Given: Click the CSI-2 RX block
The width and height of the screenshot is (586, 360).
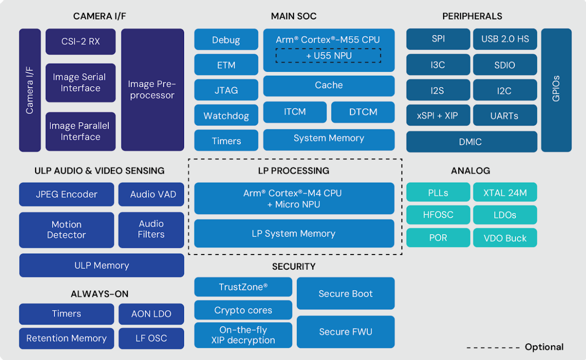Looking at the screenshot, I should [x=80, y=42].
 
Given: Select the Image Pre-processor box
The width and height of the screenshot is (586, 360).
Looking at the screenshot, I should [x=152, y=90].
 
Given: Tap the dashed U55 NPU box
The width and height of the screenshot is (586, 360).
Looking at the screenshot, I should [x=329, y=56].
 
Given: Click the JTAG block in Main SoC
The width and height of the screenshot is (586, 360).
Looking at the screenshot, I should [x=226, y=90].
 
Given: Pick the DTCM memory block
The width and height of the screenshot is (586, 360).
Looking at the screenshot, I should [x=363, y=112].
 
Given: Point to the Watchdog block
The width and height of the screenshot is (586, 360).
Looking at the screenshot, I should [x=226, y=115].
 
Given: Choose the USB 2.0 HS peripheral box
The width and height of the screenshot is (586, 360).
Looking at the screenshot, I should [x=505, y=39].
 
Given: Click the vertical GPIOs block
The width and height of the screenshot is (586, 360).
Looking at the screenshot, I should [x=556, y=90].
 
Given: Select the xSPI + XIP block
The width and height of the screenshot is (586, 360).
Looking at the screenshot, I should [x=438, y=115].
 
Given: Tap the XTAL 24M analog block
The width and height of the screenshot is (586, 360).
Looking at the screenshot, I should [x=505, y=193].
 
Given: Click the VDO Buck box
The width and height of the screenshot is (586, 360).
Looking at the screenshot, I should [x=505, y=238].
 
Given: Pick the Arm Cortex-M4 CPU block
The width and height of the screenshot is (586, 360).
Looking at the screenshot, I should [x=294, y=199].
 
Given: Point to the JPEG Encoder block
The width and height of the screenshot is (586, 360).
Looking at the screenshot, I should [x=66, y=194].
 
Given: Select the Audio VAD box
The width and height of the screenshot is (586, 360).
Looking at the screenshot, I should [x=151, y=194].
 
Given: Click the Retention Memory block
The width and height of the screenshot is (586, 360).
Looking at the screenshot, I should [x=66, y=338].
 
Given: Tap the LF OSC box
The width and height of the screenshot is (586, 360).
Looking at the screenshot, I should [x=151, y=338].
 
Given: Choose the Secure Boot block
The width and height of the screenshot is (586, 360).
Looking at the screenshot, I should [x=346, y=294].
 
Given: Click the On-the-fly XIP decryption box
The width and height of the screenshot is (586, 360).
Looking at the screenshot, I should [x=243, y=335].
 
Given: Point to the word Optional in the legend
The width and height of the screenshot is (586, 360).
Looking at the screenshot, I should [x=544, y=347].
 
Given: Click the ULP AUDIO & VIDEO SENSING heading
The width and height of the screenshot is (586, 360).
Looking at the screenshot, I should [x=99, y=171].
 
